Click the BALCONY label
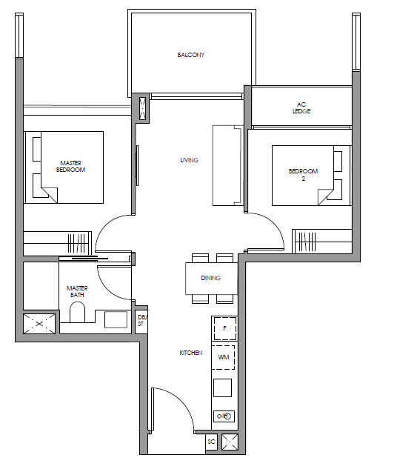pyautogui.click(x=191, y=55)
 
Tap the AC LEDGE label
pyautogui.click(x=301, y=107)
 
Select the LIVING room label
pyautogui.click(x=189, y=160)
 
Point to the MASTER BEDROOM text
pyautogui.click(x=70, y=167)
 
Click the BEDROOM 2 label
pyautogui.click(x=303, y=175)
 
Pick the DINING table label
pyautogui.click(x=210, y=278)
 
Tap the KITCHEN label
pyautogui.click(x=191, y=353)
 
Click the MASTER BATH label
pyautogui.click(x=77, y=292)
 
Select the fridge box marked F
pyautogui.click(x=224, y=328)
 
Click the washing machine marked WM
pyautogui.click(x=224, y=357)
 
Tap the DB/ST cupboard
pyautogui.click(x=141, y=322)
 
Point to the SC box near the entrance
pyautogui.click(x=211, y=442)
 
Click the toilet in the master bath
pyautogui.click(x=77, y=312)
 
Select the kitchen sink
pyautogui.click(x=224, y=416)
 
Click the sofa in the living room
pyautogui.click(x=228, y=165)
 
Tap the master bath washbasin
pyautogui.click(x=116, y=319)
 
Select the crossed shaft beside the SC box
pyautogui.click(x=230, y=442)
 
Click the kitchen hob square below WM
pyautogui.click(x=222, y=388)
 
